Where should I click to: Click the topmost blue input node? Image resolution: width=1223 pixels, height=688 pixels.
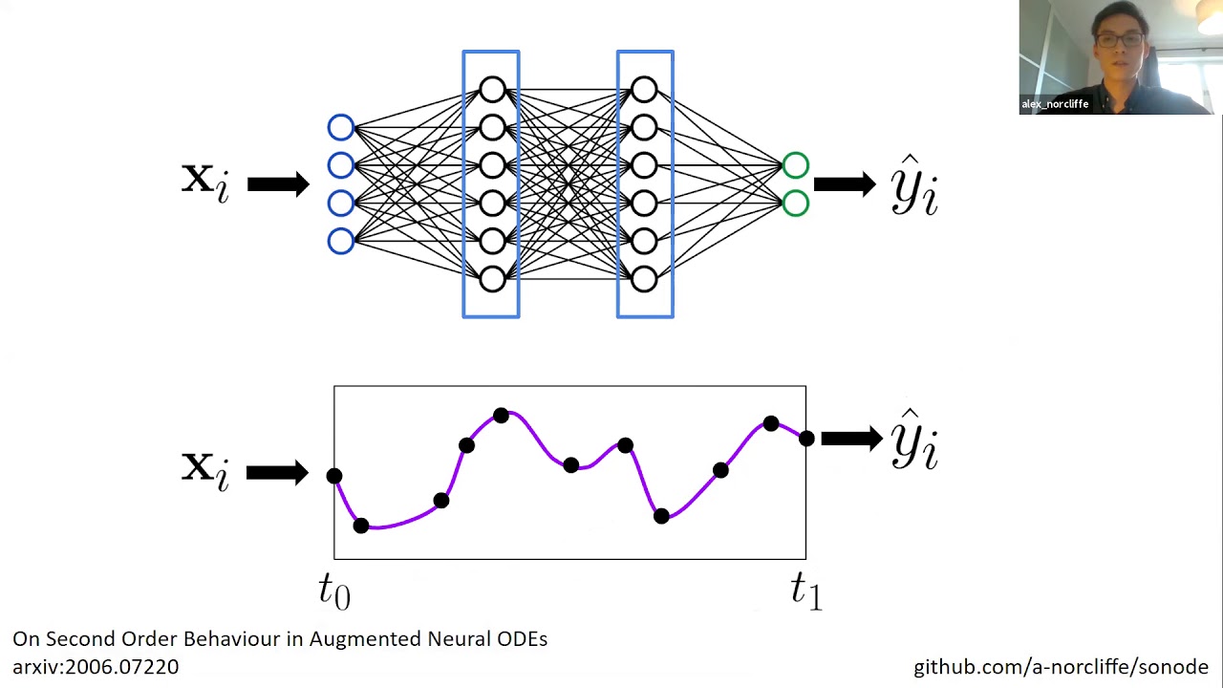coord(341,128)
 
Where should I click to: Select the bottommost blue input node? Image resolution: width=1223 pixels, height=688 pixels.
coord(341,241)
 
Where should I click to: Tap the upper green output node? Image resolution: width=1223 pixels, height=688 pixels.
coord(795,166)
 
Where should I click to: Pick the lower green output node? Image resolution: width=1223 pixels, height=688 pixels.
coord(795,204)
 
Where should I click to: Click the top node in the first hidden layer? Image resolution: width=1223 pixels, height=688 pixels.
coord(492,91)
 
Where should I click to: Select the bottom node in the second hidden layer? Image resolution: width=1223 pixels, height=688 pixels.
coord(644,279)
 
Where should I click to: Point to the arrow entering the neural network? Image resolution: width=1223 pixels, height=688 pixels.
coord(277,184)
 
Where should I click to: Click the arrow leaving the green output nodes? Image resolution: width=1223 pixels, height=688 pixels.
coord(844,184)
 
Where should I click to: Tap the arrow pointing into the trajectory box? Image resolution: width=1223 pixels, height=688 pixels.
coord(276,472)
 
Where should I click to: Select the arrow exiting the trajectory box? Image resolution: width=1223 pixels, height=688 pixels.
coord(850,439)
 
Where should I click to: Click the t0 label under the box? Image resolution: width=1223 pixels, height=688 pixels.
coord(334,591)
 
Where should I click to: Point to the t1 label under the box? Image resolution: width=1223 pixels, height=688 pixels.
coord(805,591)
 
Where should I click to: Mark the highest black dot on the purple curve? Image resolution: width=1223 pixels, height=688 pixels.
coord(501,416)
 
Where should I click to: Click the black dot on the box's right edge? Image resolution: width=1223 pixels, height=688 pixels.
coord(806,439)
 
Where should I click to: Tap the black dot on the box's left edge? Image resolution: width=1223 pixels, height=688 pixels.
coord(334,476)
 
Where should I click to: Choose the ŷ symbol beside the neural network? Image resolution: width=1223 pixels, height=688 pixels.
coord(914,186)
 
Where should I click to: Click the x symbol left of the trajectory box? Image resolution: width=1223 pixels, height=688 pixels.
coord(205,468)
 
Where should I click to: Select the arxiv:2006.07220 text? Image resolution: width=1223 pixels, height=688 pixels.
coord(96,667)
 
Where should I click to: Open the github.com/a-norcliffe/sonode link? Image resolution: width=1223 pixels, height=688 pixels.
coord(1061,667)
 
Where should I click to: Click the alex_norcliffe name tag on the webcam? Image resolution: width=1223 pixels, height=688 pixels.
coord(1055,104)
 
